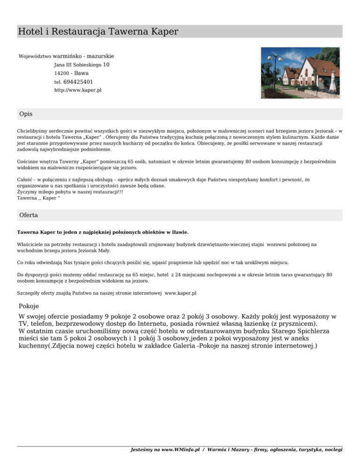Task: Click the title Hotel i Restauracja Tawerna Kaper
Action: (x=97, y=32)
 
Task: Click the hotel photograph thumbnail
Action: (x=301, y=72)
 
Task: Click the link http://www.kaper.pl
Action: (x=78, y=90)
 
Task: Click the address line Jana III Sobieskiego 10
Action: (x=82, y=65)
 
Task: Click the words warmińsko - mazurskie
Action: (x=83, y=56)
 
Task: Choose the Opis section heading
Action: (x=26, y=114)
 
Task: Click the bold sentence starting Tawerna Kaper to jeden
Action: (x=103, y=232)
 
